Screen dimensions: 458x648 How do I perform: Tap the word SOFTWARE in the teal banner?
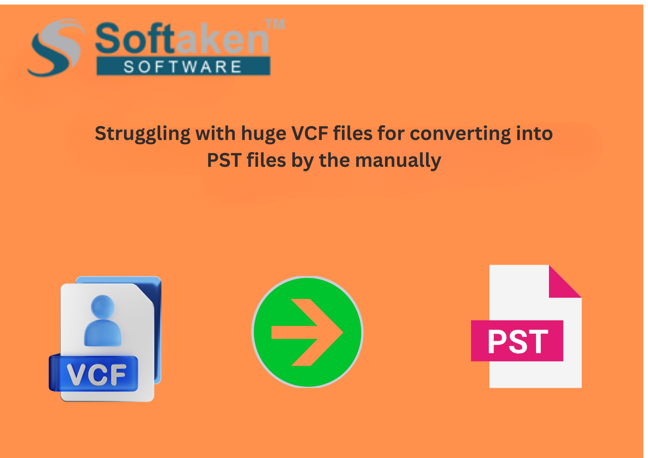183,67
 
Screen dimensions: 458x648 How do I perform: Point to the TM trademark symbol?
275,25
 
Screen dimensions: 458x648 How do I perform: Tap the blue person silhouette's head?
102,306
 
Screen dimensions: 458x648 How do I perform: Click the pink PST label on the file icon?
517,341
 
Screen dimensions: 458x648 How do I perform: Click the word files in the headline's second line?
266,160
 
